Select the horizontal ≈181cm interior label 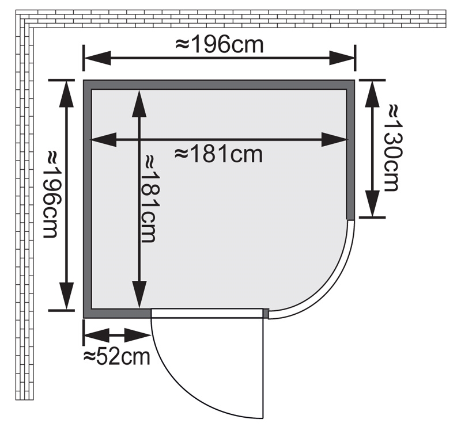pos(218,154)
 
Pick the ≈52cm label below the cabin pos(116,356)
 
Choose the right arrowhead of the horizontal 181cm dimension pos(337,139)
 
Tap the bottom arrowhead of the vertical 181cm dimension pos(139,297)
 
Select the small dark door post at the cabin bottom pos(266,313)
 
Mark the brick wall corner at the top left pos(26,18)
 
